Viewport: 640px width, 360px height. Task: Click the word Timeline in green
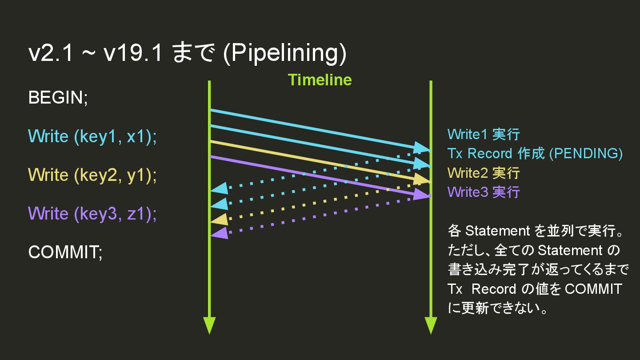[320, 80]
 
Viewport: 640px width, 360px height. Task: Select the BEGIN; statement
[58, 97]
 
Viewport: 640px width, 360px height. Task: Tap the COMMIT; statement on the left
[65, 252]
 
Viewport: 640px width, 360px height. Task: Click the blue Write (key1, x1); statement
[92, 136]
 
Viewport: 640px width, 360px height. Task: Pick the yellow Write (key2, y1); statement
[92, 175]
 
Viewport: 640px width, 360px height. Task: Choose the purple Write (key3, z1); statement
[92, 214]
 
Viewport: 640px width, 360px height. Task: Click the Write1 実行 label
[483, 134]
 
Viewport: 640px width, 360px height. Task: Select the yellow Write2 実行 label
[483, 172]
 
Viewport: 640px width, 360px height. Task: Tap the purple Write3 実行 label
[483, 192]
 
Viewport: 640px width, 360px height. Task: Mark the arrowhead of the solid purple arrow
[422, 194]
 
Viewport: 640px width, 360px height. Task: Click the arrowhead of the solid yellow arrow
[422, 179]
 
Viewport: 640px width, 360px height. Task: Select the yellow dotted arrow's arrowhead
[219, 219]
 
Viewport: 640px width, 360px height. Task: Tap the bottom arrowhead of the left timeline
[209, 325]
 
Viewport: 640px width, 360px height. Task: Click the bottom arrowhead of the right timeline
[431, 325]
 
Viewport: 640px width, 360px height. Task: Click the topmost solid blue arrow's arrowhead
[422, 148]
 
